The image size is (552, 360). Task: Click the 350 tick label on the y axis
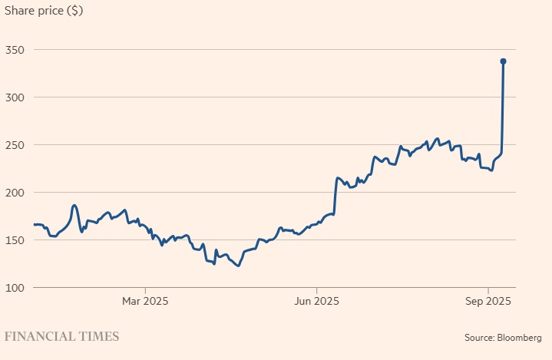15,50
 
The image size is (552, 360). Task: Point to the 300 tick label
15,97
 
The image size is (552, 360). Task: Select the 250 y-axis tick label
15,145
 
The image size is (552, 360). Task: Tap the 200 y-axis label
15,193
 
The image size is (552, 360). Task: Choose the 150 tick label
15,240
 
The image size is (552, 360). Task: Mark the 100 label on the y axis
15,288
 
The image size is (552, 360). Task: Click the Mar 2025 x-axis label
145,301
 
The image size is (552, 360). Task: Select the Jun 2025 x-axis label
316,301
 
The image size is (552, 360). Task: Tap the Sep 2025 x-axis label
489,301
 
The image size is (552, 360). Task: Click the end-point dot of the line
503,61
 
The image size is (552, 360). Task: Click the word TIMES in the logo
98,336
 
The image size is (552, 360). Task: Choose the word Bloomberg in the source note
520,337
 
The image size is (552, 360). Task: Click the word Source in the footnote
479,337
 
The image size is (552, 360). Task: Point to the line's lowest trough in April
239,266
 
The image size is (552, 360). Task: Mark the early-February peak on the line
74,205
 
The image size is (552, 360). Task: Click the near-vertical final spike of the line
502,107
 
